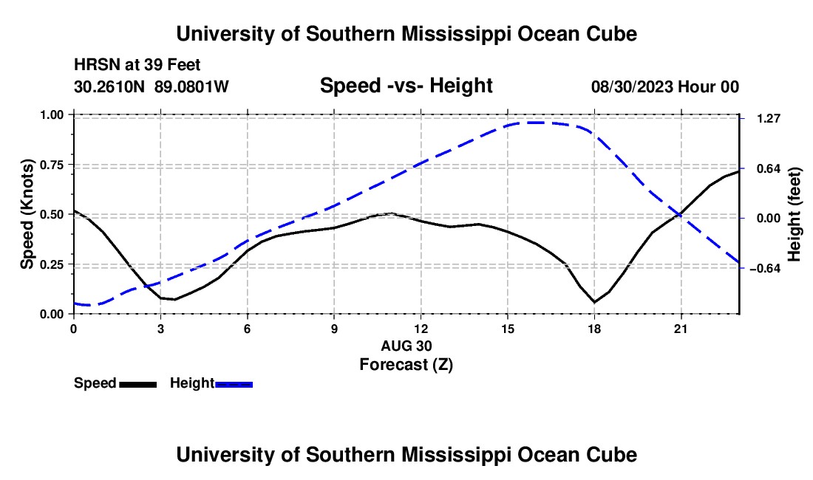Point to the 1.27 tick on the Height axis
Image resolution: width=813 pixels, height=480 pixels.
[x=769, y=119]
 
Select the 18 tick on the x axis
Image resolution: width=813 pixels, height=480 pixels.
[x=594, y=329]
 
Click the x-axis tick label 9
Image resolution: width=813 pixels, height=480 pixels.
[x=334, y=329]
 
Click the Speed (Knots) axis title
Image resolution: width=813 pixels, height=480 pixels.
[x=27, y=214]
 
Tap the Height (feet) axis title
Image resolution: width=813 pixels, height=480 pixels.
[x=794, y=214]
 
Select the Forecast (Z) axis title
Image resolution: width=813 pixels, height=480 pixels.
[x=406, y=365]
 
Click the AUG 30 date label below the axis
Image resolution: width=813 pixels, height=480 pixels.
[x=406, y=346]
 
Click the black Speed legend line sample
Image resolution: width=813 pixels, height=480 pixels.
[x=138, y=384]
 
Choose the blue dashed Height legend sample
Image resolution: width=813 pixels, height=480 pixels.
[x=234, y=384]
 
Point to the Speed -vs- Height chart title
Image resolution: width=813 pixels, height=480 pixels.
[x=406, y=86]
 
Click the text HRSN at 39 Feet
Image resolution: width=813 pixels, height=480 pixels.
[x=137, y=65]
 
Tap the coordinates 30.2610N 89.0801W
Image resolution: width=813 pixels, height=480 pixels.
[x=152, y=86]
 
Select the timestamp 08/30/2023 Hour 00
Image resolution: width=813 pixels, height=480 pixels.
[x=664, y=86]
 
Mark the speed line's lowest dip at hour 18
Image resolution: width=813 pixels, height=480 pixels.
[x=594, y=302]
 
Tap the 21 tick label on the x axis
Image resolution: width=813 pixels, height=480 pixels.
[x=681, y=329]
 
